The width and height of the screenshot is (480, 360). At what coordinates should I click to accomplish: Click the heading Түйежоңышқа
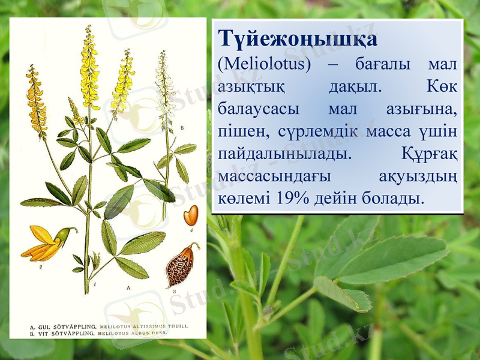coord(298,40)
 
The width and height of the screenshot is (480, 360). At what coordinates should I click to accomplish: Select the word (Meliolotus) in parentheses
coord(265,64)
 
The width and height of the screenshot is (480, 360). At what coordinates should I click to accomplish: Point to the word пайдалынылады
coord(284,154)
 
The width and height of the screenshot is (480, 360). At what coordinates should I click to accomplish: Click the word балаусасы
coord(259,109)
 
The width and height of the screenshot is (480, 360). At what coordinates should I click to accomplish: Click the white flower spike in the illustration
coord(165,84)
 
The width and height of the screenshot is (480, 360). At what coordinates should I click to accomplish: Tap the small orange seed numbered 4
coord(191,214)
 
